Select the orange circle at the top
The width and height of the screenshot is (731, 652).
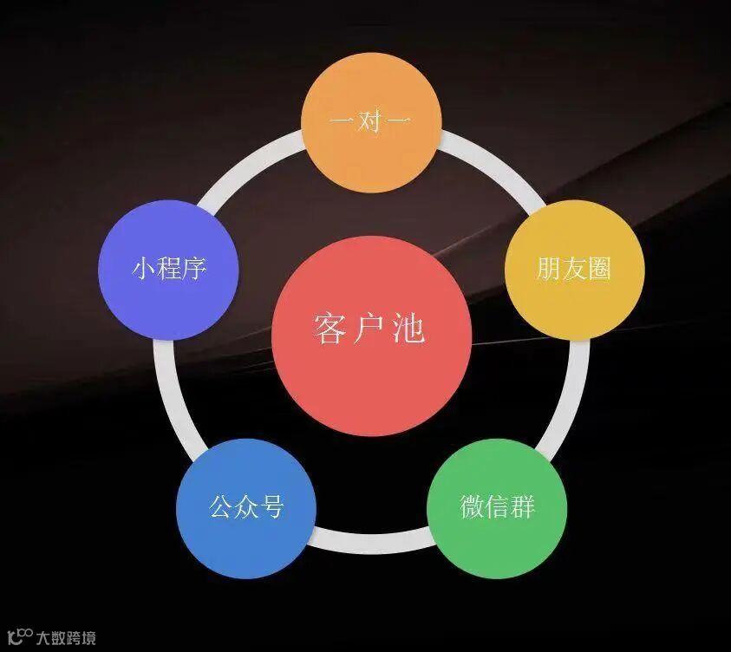point(371,122)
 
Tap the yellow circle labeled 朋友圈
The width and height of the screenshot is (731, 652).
point(574,270)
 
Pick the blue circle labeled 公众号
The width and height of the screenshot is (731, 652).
point(246,508)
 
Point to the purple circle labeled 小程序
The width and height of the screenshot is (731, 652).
point(169,270)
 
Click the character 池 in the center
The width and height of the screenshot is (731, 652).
point(408,329)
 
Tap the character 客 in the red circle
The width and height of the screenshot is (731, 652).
point(331,329)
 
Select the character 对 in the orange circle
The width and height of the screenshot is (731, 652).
point(371,121)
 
